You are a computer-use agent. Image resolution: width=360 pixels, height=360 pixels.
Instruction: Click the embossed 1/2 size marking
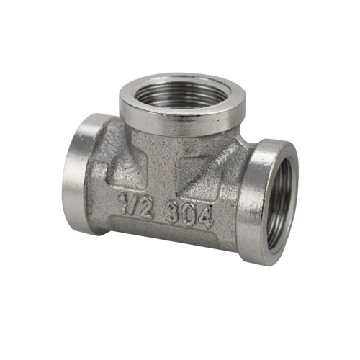pos(135,206)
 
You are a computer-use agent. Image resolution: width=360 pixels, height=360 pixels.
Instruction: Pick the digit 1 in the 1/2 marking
pos(123,203)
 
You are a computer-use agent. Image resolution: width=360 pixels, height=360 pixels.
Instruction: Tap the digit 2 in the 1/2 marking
pos(145,210)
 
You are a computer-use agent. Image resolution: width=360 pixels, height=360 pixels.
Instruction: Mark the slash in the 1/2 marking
pos(132,206)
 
